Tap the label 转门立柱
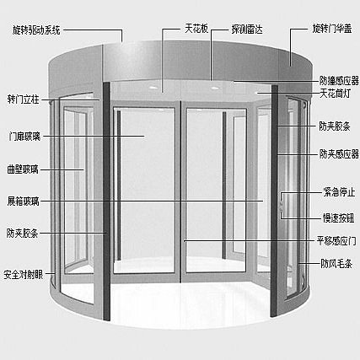(x=24, y=97)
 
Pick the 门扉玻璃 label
(x=24, y=135)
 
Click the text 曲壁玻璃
(x=24, y=169)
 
